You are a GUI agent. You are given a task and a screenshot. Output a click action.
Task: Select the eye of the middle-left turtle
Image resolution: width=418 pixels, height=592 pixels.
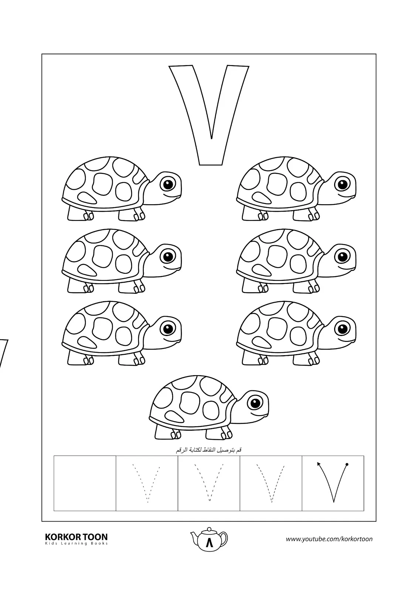click(x=168, y=256)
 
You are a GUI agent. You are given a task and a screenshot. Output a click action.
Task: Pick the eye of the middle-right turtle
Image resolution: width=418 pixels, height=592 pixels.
click(x=342, y=256)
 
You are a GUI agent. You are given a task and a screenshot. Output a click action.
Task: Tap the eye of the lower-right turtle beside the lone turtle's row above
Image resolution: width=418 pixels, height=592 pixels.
click(x=342, y=329)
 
